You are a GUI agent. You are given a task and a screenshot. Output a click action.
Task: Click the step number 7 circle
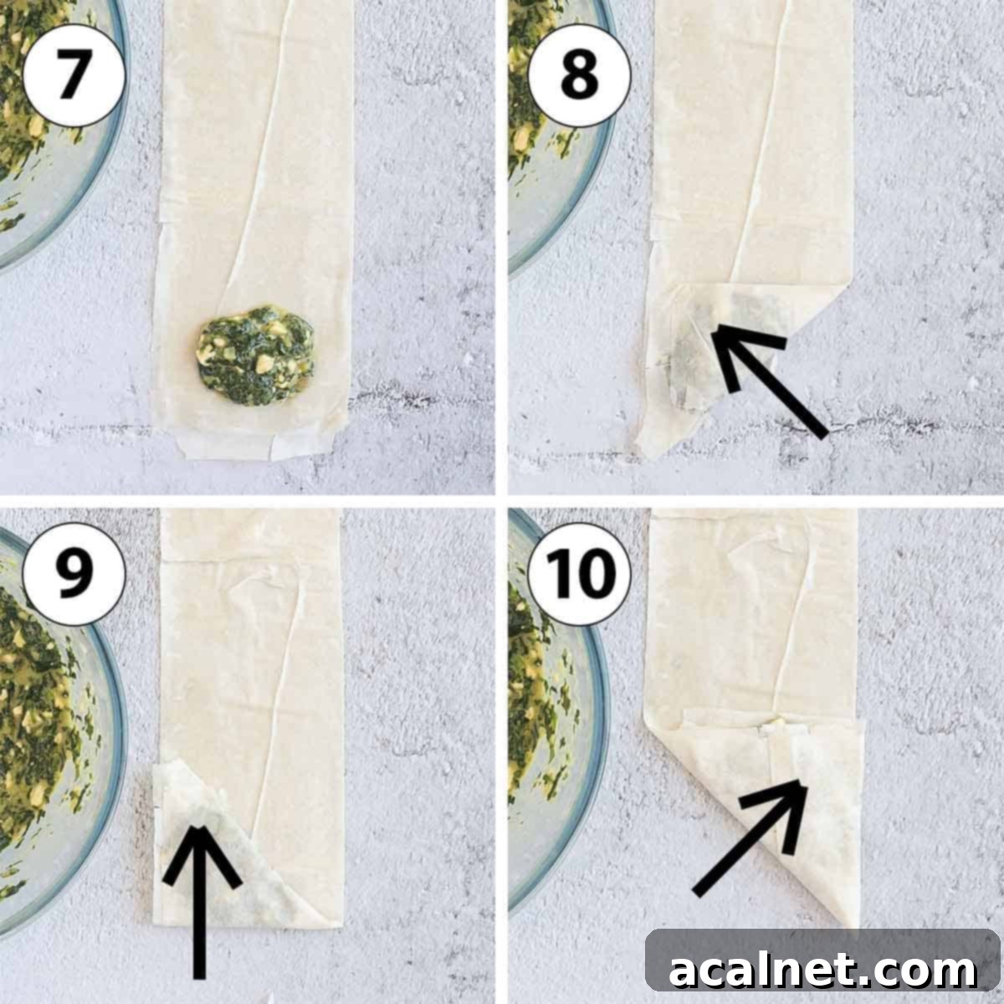[x=74, y=75]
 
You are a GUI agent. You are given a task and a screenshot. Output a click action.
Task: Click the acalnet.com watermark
[x=822, y=971]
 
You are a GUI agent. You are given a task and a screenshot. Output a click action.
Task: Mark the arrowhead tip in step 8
[x=717, y=332]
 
